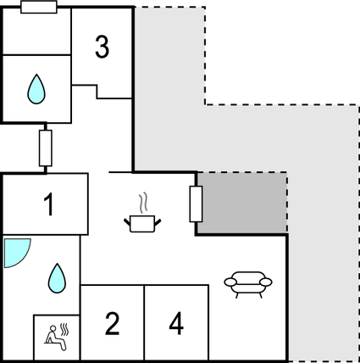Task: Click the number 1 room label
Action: click(49, 204)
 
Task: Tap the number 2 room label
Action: click(112, 323)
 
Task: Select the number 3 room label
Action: click(102, 47)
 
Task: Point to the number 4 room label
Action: click(175, 323)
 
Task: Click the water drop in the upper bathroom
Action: click(36, 87)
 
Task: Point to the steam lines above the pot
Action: click(143, 203)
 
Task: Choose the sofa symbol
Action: click(248, 282)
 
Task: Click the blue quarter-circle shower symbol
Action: click(15, 252)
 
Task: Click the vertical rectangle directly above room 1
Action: click(46, 148)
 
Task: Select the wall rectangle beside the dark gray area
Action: click(196, 204)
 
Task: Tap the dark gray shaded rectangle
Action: click(241, 204)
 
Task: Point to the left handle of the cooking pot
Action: click(127, 221)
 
